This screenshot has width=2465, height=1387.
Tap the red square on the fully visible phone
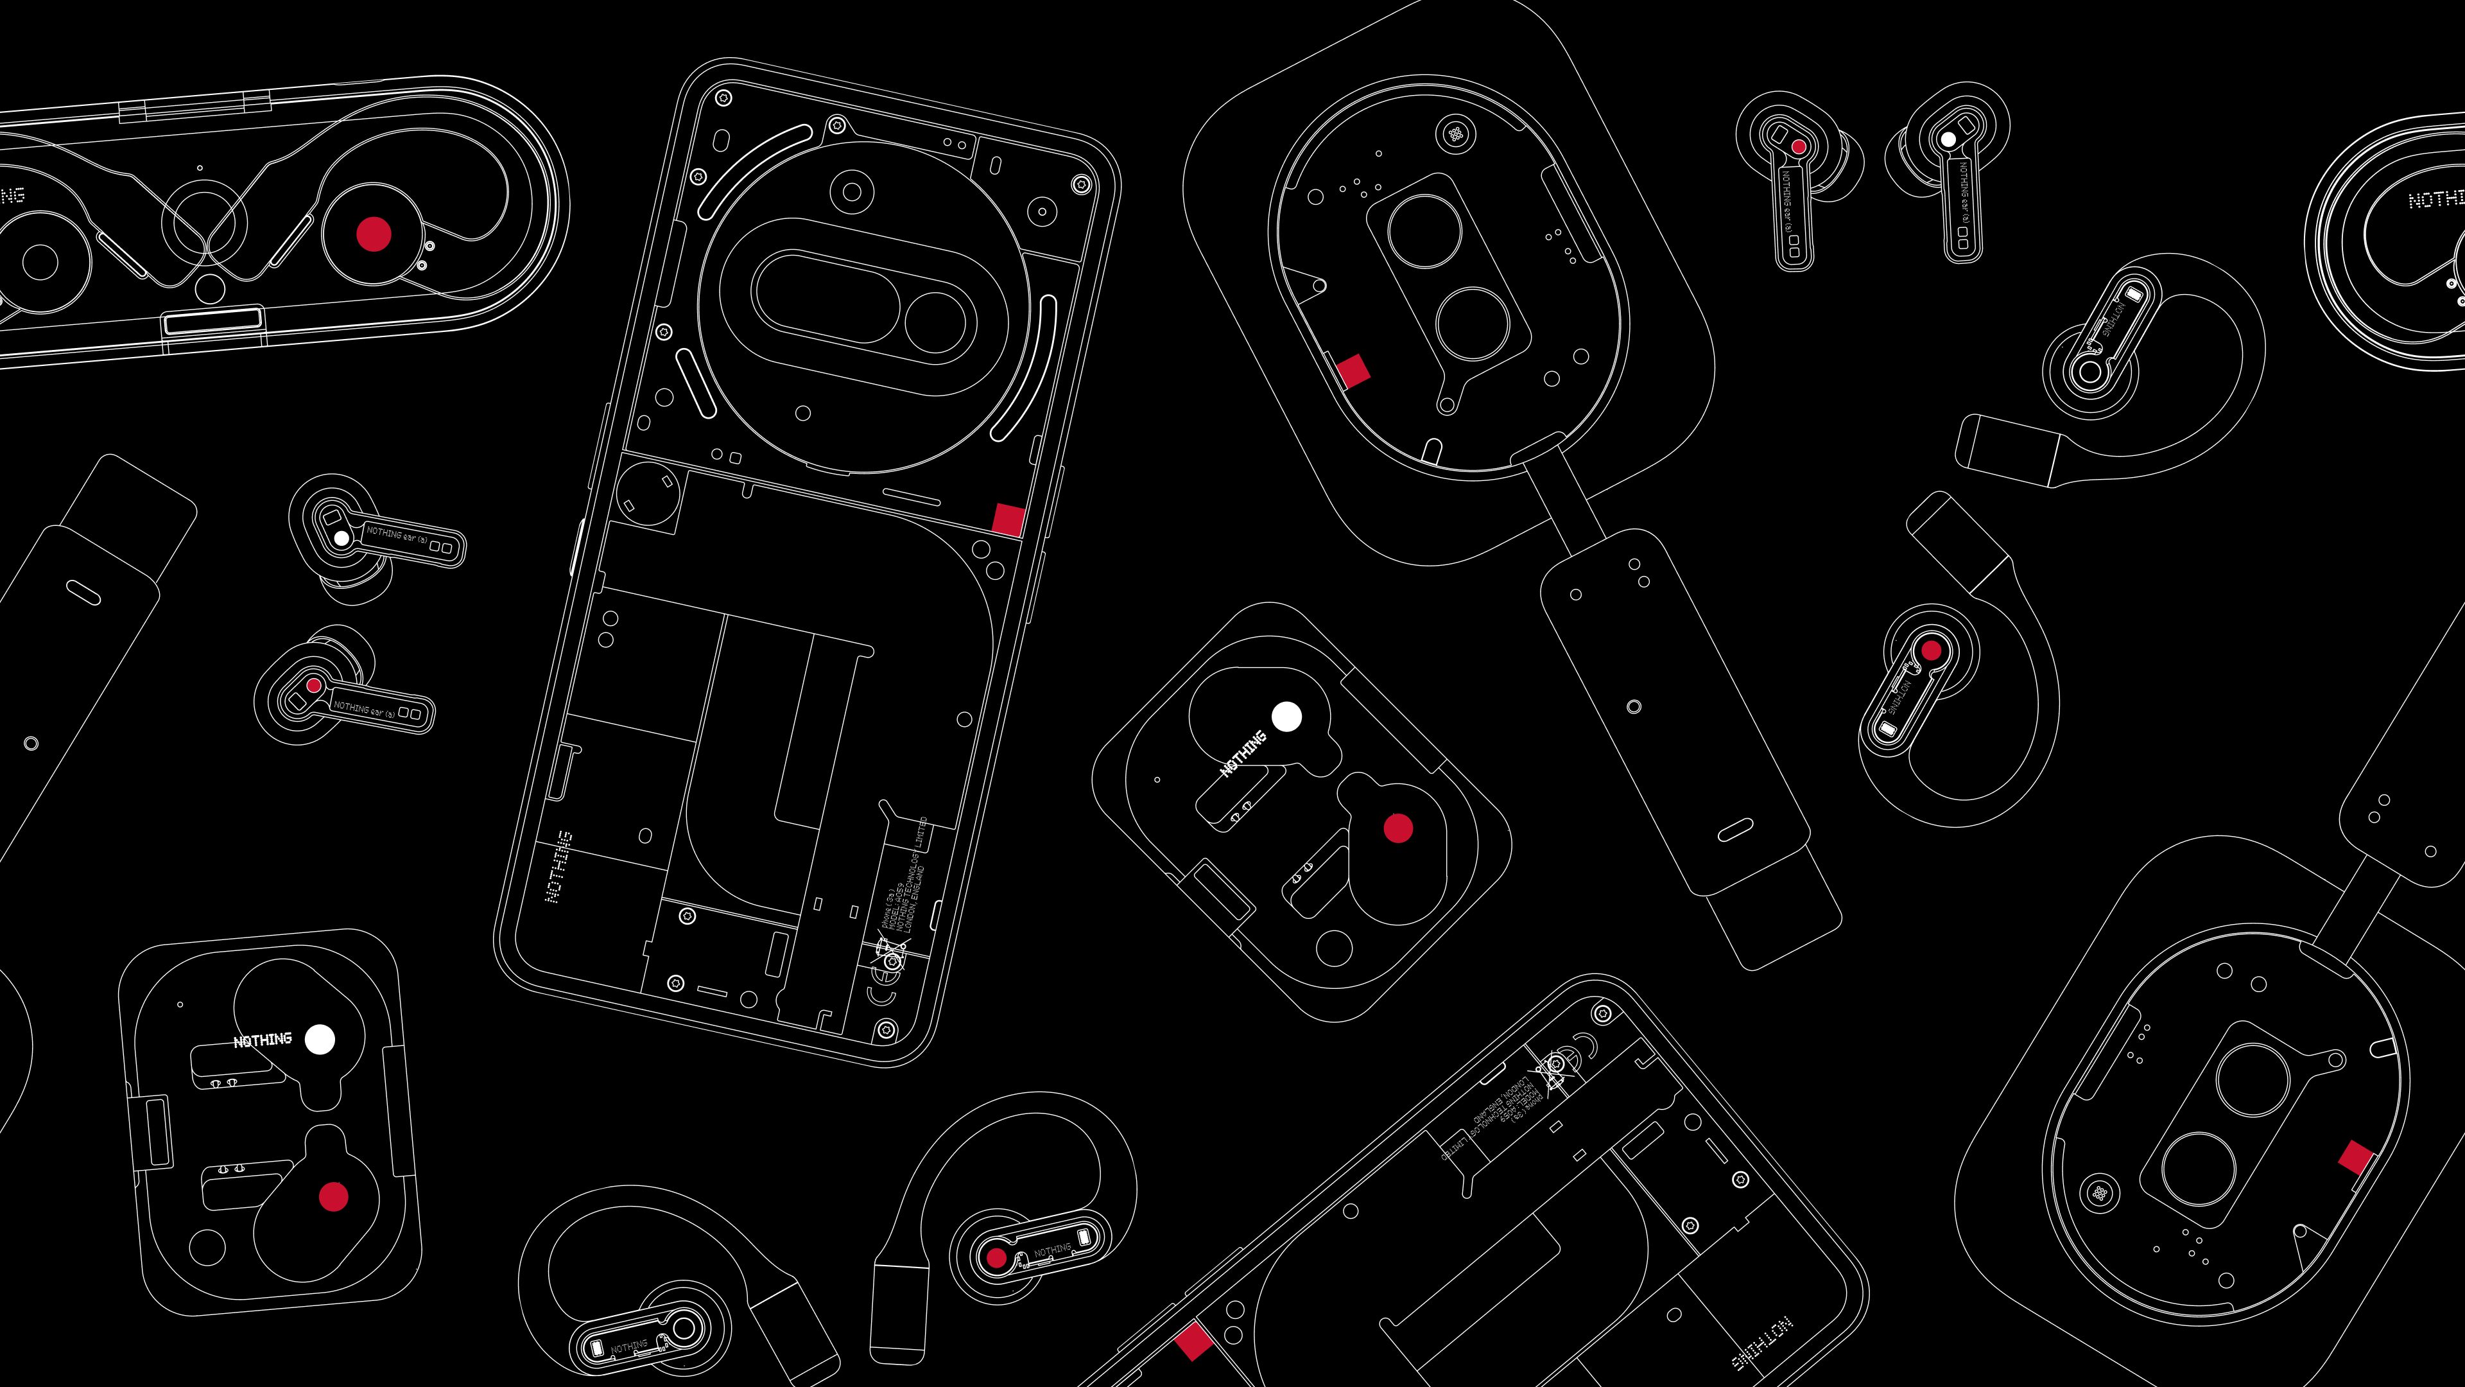[x=1008, y=519]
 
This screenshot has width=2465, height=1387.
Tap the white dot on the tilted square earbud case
[x=1286, y=716]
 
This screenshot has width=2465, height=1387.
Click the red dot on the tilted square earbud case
[x=1398, y=828]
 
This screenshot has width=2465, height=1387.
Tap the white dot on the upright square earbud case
[x=320, y=1040]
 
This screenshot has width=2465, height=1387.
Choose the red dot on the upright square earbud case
[x=333, y=1196]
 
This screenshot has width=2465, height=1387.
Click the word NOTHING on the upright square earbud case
[x=262, y=1040]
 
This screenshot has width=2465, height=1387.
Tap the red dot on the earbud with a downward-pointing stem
[x=1799, y=148]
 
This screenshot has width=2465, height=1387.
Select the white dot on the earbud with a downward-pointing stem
[x=1948, y=140]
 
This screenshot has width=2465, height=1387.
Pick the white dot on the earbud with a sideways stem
[x=341, y=539]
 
